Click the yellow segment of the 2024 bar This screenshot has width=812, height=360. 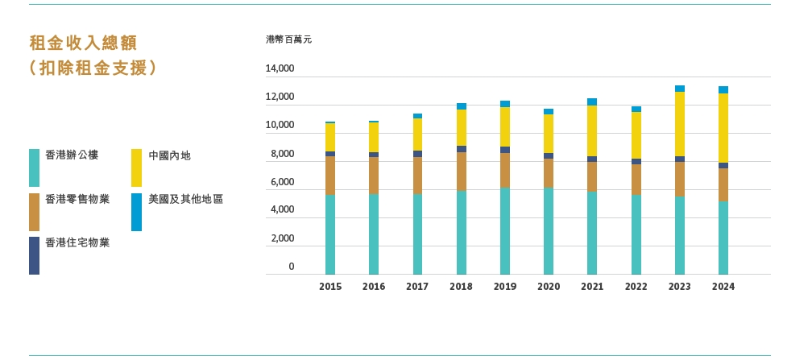point(723,127)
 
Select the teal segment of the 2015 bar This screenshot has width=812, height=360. point(330,234)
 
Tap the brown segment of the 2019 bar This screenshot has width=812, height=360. point(505,170)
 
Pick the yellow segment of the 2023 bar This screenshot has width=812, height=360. point(680,123)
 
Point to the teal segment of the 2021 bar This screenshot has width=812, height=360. point(592,233)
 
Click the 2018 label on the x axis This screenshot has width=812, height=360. point(461,287)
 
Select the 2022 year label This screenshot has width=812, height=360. point(636,287)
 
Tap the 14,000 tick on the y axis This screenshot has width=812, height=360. point(280,69)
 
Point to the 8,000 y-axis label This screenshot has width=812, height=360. point(282,154)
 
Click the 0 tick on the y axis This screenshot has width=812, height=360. point(292,267)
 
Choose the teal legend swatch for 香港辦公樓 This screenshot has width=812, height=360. point(34,168)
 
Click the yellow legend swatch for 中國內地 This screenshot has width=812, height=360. point(136,168)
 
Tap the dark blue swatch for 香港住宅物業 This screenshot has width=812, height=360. point(34,255)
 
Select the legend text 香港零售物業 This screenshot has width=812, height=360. point(77,199)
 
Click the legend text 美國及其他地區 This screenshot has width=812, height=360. point(186,199)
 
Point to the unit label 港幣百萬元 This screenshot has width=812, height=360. point(288,39)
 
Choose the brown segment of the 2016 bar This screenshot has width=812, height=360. point(374,176)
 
